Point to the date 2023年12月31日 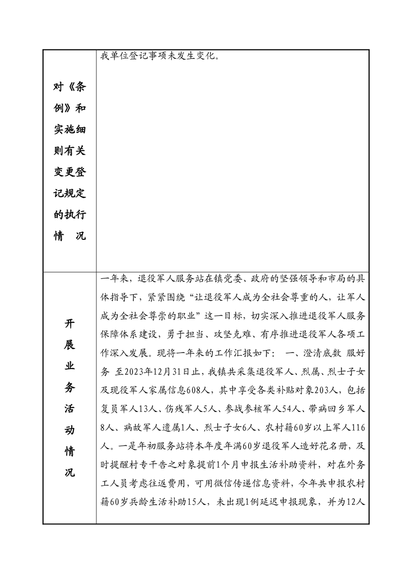[x=166, y=371]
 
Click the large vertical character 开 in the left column [x=70, y=324]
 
